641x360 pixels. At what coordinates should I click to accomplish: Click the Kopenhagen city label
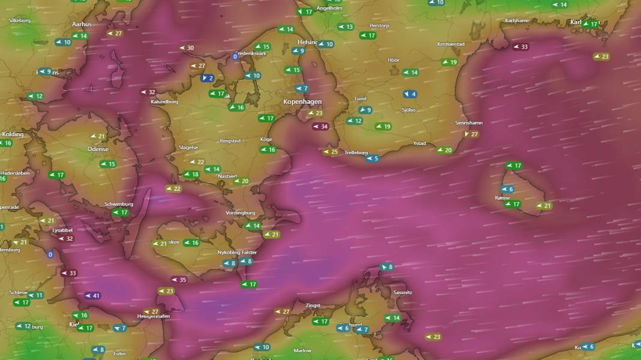(x=302, y=102)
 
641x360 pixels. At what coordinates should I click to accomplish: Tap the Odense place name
(x=98, y=149)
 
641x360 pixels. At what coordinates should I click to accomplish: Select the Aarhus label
(x=82, y=25)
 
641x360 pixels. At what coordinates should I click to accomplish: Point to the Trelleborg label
(x=356, y=153)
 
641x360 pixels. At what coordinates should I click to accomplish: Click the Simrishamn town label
(x=469, y=123)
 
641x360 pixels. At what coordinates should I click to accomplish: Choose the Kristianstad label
(x=451, y=44)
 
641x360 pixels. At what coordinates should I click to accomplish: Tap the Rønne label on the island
(x=502, y=198)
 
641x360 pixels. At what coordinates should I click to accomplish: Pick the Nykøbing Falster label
(x=237, y=253)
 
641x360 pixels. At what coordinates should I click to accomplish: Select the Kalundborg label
(x=164, y=102)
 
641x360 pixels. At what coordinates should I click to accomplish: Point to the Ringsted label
(x=230, y=141)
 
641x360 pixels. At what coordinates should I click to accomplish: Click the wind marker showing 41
(x=92, y=296)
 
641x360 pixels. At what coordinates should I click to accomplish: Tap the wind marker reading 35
(x=179, y=280)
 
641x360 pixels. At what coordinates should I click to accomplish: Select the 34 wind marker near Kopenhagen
(x=320, y=127)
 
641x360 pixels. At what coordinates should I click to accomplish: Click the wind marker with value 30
(x=187, y=48)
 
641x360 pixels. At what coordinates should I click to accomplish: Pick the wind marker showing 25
(x=331, y=152)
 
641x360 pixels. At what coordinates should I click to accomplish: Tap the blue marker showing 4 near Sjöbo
(x=410, y=94)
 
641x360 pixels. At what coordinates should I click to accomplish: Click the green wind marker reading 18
(x=191, y=175)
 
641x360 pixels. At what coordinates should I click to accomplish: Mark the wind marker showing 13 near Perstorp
(x=346, y=27)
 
